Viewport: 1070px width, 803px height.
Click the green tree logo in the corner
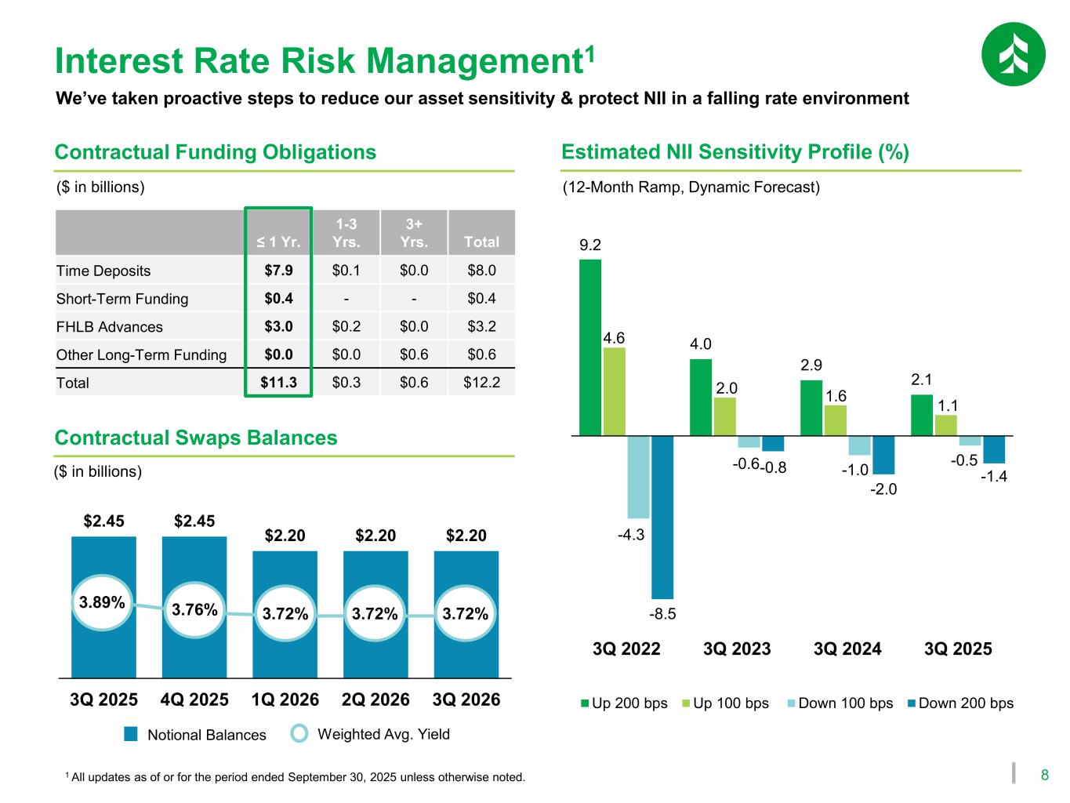(x=1013, y=54)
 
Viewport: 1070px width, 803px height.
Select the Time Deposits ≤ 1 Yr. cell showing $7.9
(x=279, y=271)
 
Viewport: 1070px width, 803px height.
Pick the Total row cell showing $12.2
(x=481, y=383)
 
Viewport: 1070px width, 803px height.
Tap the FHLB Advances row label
(x=110, y=327)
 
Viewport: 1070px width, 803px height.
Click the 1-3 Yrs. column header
(x=346, y=233)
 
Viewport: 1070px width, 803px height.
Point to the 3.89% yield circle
(x=102, y=602)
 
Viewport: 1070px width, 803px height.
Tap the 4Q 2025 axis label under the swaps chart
(x=194, y=699)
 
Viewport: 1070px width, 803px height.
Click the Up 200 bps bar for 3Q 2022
(x=590, y=347)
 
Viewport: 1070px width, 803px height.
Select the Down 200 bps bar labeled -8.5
(x=662, y=517)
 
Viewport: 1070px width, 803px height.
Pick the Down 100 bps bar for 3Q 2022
(x=638, y=477)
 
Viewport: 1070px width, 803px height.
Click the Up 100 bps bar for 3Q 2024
(x=836, y=420)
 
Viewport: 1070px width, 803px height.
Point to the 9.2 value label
(x=590, y=245)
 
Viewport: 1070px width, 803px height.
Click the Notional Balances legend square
(x=131, y=734)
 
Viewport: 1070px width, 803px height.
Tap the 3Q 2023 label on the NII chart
(x=737, y=649)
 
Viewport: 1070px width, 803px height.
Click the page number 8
(x=1044, y=776)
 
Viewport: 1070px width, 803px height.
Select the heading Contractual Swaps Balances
(x=196, y=438)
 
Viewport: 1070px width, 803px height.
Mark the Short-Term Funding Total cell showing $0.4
(x=481, y=299)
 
